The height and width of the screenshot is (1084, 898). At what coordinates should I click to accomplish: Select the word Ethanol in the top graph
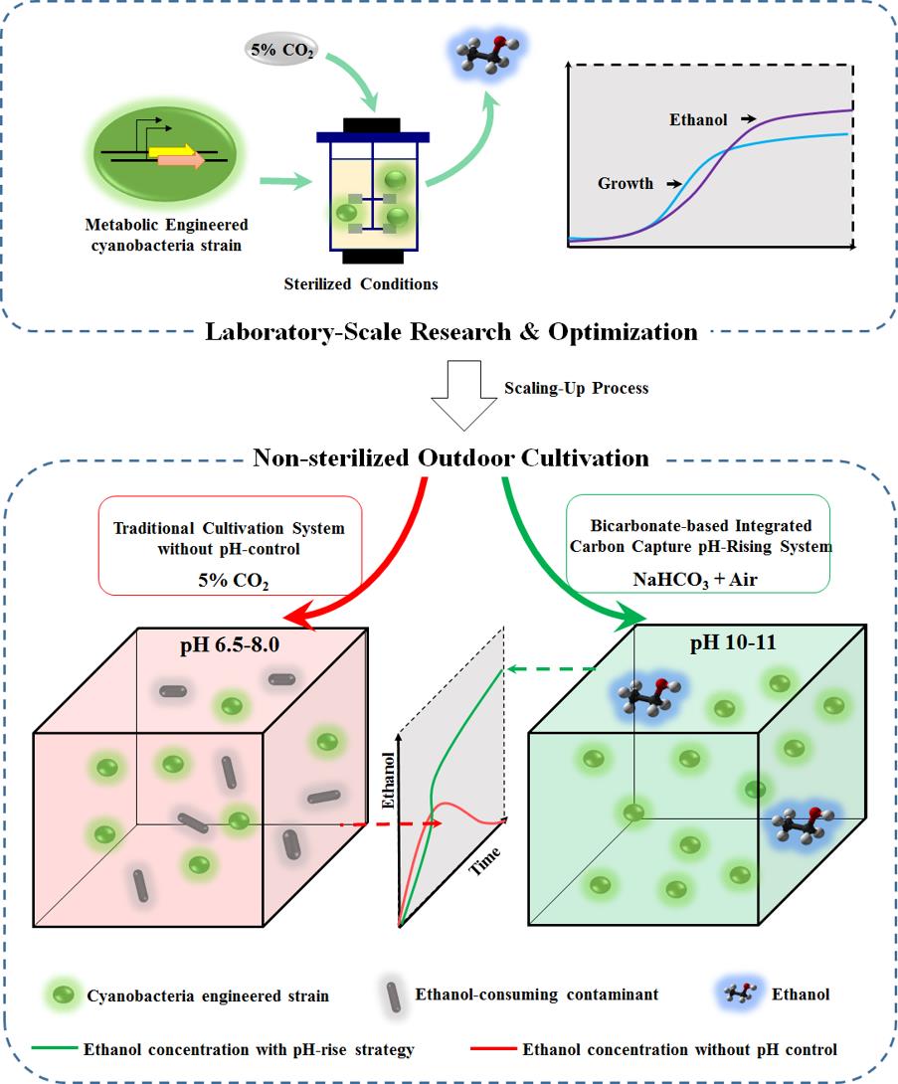(697, 120)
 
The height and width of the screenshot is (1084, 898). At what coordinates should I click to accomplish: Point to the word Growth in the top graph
(626, 183)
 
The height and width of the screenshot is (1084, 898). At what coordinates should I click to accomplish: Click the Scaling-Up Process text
(577, 388)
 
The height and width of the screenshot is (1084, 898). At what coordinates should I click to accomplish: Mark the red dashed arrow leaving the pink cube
(393, 824)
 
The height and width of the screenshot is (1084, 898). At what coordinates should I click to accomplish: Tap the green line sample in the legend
(56, 1048)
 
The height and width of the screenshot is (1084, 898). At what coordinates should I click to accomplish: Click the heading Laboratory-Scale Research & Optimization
(451, 331)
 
